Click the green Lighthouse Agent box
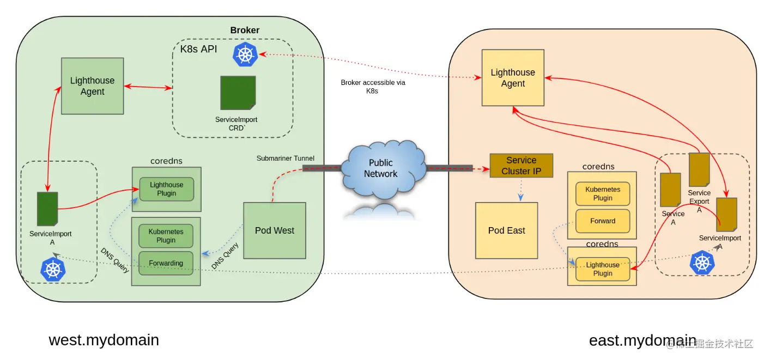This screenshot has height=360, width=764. (92, 86)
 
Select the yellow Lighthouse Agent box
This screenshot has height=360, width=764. (513, 78)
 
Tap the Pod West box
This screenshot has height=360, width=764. (274, 230)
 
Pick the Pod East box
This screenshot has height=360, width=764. (506, 230)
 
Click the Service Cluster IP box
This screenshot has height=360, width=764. (521, 166)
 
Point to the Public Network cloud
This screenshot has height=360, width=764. (381, 169)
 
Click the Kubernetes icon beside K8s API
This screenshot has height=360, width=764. (245, 55)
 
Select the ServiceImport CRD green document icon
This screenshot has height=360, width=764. (238, 93)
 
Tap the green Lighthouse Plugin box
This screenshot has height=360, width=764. (166, 189)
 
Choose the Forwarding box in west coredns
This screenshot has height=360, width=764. (166, 263)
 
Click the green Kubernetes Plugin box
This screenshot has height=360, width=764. (166, 236)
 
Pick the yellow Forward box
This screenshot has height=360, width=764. (603, 221)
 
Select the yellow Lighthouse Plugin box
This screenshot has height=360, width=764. (603, 269)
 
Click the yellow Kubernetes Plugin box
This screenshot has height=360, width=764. (603, 194)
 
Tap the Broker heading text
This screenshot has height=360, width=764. (245, 30)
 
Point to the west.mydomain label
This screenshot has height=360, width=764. (104, 340)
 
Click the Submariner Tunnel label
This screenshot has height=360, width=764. (285, 158)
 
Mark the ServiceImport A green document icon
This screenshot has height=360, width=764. (47, 209)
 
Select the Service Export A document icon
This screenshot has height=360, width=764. (699, 170)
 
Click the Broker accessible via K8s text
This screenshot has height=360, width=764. (373, 87)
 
